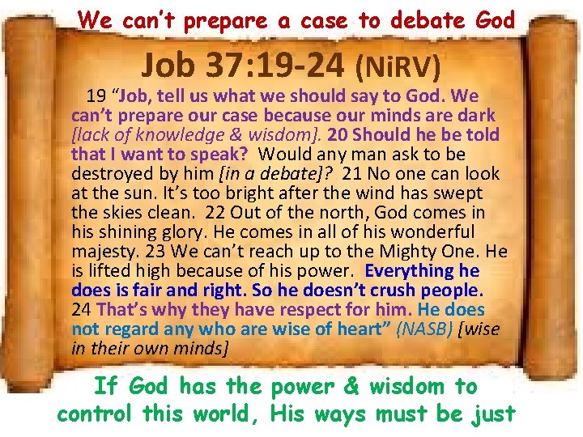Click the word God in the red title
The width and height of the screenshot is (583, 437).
[x=492, y=19]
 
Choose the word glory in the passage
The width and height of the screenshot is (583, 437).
[x=172, y=231]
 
